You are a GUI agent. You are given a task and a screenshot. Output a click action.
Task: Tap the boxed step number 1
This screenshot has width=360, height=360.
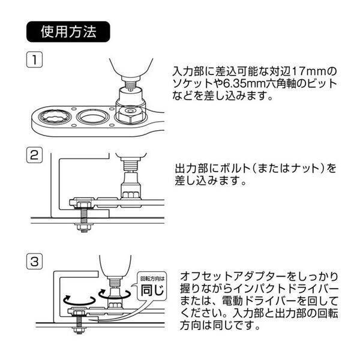[34, 60]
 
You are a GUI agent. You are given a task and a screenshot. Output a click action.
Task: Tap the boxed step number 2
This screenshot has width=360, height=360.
[34, 155]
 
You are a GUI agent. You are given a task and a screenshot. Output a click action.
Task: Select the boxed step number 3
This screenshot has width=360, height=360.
[34, 262]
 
